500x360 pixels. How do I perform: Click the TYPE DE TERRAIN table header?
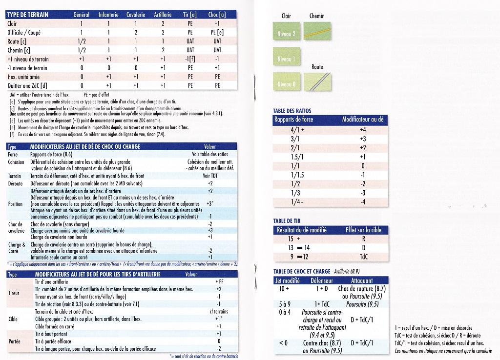27,15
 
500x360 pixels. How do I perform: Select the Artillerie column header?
163,15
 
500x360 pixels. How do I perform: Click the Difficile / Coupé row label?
24,32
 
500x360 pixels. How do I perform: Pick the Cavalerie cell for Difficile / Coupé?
136,32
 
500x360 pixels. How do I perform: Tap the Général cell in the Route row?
82,41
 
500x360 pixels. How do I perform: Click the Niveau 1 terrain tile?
287,59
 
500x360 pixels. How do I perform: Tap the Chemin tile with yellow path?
317,31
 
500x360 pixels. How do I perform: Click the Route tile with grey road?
317,81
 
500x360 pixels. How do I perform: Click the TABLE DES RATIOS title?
292,111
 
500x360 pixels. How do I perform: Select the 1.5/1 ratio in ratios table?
297,157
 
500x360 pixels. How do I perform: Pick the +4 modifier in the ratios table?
363,130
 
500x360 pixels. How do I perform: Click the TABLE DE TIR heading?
287,221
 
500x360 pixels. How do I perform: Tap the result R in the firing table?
363,239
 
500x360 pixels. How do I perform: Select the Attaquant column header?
361,280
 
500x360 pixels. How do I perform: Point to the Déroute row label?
16,183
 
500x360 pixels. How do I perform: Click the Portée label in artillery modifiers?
15,341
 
